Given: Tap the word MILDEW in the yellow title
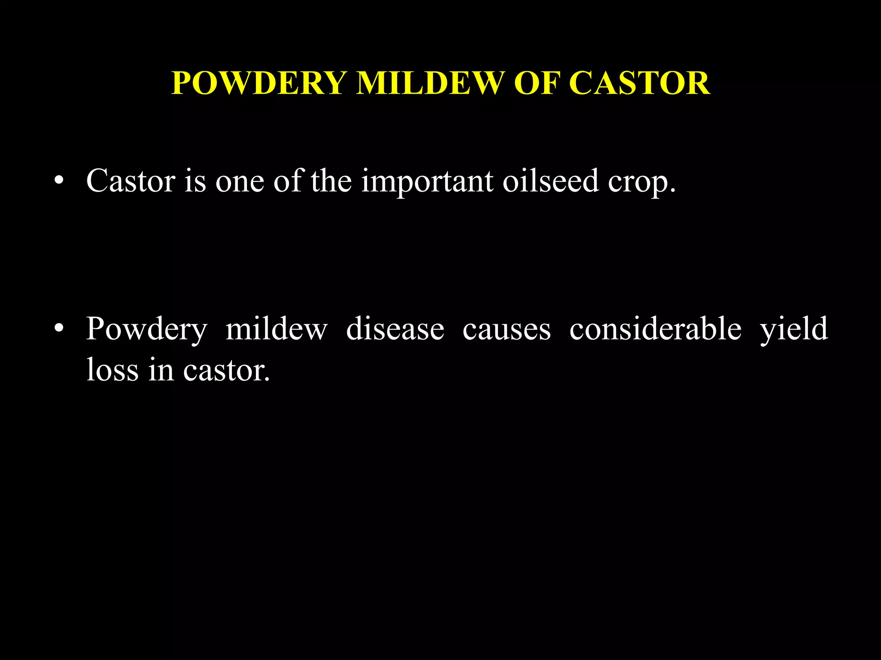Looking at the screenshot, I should [x=430, y=83].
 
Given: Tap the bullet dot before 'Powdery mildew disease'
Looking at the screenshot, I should [x=59, y=329].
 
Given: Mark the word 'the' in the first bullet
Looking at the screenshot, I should [x=331, y=181].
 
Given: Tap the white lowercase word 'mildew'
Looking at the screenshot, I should [x=277, y=329].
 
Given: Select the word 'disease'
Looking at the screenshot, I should [x=395, y=329].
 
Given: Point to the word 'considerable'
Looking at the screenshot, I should [x=655, y=329].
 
